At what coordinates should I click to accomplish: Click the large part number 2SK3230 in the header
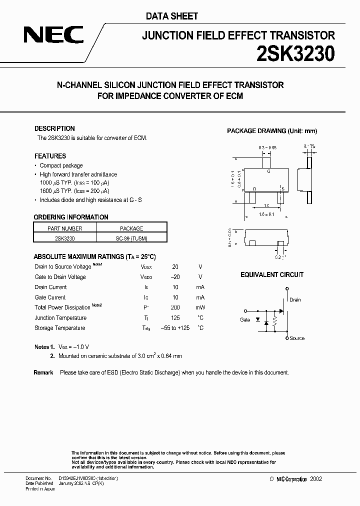tap(295, 53)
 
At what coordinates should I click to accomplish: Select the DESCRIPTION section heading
tap(54, 128)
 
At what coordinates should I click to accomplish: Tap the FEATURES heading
tap(50, 156)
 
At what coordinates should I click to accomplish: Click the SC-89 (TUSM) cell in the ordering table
tap(131, 238)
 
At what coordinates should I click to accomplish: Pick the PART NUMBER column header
tap(64, 228)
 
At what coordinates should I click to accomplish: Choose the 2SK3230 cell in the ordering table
tap(64, 238)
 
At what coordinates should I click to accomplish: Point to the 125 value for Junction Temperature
tap(175, 318)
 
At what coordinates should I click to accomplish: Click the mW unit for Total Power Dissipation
tap(200, 307)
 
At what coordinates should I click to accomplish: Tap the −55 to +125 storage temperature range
tap(175, 328)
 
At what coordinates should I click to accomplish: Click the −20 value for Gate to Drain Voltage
tap(174, 277)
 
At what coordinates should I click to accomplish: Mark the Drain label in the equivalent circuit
tap(295, 300)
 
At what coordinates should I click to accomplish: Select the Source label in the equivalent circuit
tap(297, 338)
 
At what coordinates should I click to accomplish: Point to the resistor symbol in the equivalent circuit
tap(274, 323)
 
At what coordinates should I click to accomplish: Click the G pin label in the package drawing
tap(268, 171)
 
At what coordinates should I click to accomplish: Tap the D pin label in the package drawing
tap(254, 188)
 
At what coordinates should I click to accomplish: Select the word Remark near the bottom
tap(43, 372)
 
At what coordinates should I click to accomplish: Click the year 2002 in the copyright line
tap(316, 479)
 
